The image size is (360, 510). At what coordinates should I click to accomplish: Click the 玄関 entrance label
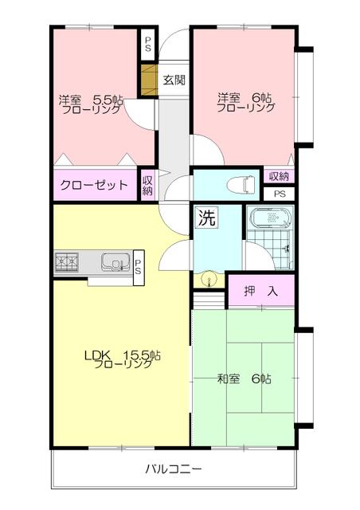coord(175,80)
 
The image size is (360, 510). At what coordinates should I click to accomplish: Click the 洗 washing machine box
coord(206,218)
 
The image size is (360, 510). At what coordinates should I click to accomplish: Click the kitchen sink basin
coord(115,260)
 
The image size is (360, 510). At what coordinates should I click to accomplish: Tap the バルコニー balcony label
coord(173,469)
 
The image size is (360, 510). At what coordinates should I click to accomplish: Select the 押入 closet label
coord(260,292)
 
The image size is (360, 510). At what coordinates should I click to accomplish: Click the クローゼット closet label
coord(94,186)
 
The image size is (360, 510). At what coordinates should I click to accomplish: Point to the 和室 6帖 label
coord(245,379)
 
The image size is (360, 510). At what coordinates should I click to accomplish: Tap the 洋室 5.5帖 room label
coord(89,104)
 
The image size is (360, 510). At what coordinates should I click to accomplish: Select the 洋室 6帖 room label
coord(246,101)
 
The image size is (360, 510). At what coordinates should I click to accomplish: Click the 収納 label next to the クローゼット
coord(147,186)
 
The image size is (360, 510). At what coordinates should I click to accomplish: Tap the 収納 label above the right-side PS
coord(279,176)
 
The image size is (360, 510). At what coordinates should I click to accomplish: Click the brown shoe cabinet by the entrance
coord(148,80)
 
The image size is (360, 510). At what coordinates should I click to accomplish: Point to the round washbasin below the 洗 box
coord(209,279)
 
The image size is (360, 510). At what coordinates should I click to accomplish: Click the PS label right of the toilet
coord(279,194)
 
